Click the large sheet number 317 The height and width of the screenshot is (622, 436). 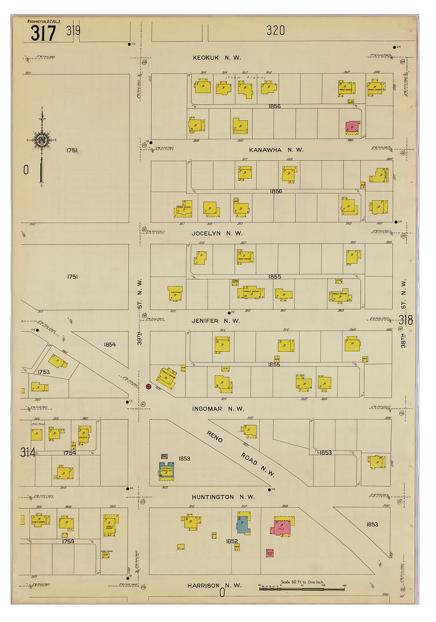click(x=43, y=33)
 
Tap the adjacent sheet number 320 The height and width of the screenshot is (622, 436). click(x=275, y=31)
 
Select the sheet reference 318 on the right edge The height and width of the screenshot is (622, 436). click(x=405, y=320)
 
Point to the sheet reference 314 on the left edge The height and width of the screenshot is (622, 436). click(x=28, y=452)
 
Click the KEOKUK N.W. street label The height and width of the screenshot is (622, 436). click(x=216, y=58)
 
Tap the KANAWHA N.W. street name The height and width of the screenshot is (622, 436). click(x=276, y=150)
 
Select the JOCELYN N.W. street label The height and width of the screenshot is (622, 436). click(x=217, y=233)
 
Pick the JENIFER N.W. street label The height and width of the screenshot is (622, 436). click(x=216, y=321)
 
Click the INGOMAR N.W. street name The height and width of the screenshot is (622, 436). click(x=218, y=409)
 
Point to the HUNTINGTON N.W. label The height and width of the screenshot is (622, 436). click(x=223, y=497)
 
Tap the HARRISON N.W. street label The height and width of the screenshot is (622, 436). click(x=214, y=585)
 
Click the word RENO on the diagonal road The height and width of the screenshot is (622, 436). click(x=214, y=437)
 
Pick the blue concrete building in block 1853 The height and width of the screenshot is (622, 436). click(x=166, y=470)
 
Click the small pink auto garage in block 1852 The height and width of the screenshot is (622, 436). click(x=270, y=553)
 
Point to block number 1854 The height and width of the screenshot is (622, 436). click(x=110, y=345)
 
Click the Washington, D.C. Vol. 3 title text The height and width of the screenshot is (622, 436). click(x=44, y=21)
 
